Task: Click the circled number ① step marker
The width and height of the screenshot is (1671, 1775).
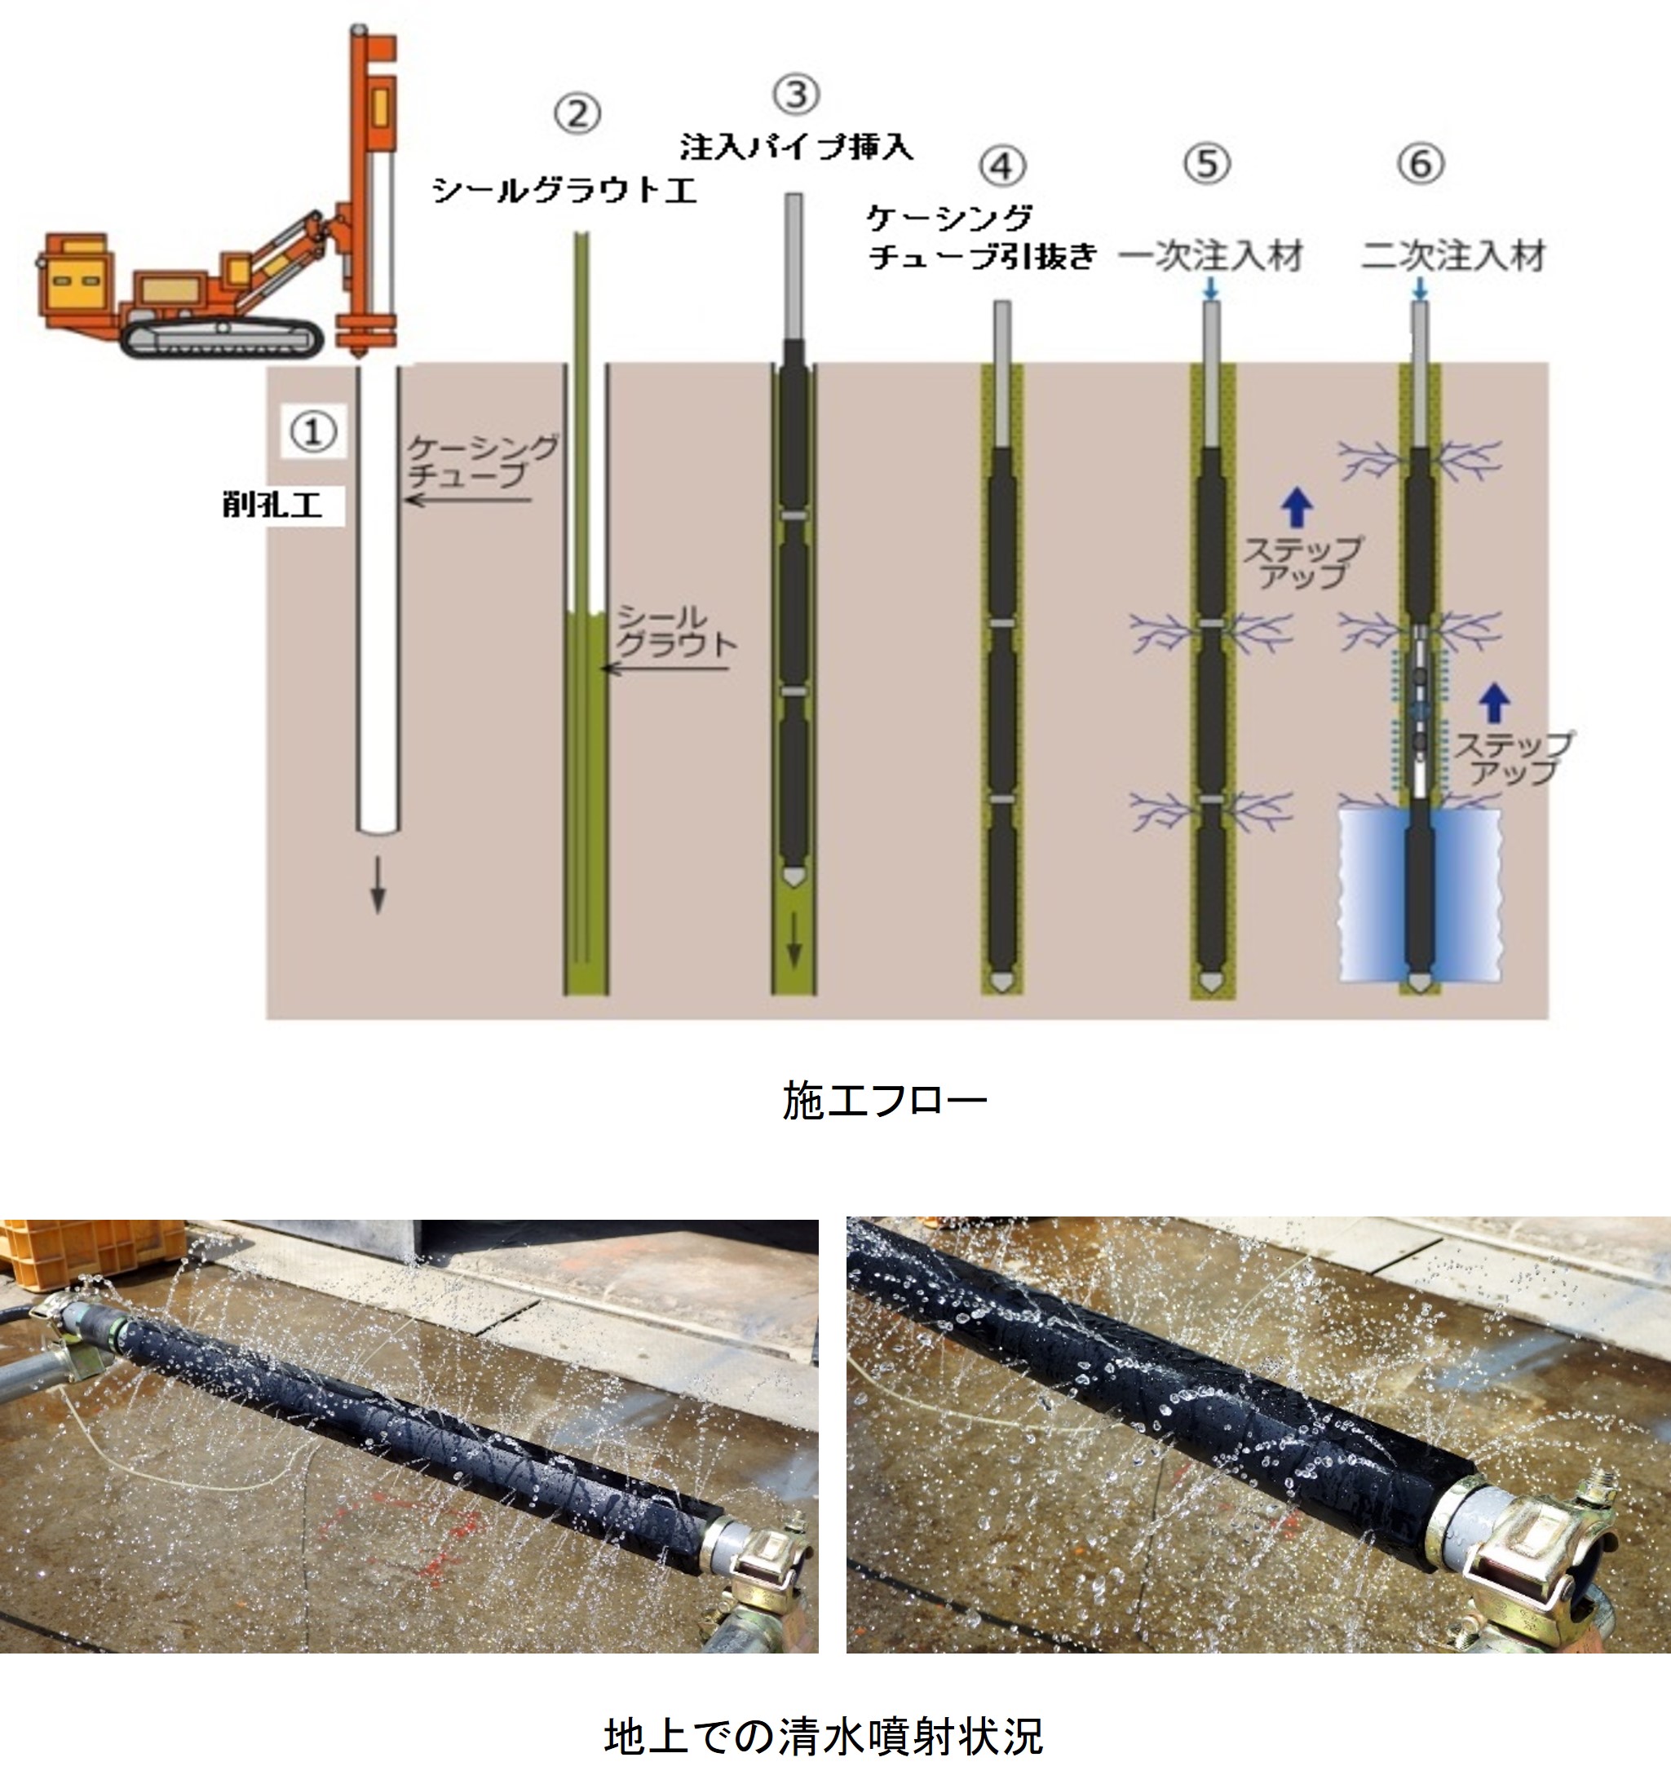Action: (x=312, y=433)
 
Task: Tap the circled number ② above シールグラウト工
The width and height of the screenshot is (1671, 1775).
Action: (x=577, y=114)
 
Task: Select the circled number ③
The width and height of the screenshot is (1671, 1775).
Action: (x=797, y=95)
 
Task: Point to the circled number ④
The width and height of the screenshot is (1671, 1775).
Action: (x=1002, y=166)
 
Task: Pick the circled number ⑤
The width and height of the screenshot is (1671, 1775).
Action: (x=1208, y=164)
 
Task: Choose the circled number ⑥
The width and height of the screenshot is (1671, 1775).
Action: (x=1421, y=164)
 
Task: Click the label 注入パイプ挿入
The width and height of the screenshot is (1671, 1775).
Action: (x=797, y=147)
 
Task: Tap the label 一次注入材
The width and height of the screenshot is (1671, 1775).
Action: (x=1211, y=256)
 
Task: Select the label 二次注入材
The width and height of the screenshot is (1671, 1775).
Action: (x=1453, y=256)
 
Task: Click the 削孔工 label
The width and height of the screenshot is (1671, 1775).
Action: (x=272, y=506)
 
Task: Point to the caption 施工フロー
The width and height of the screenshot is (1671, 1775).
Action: (x=885, y=1101)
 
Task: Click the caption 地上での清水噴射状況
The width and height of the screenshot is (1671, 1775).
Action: (x=824, y=1737)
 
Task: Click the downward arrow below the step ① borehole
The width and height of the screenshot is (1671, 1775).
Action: (x=378, y=885)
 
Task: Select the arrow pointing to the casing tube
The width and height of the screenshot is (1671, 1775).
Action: (x=467, y=499)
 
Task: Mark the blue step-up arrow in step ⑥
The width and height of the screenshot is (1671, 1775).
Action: (x=1494, y=703)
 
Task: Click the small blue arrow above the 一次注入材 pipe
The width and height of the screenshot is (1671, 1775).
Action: (x=1211, y=289)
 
